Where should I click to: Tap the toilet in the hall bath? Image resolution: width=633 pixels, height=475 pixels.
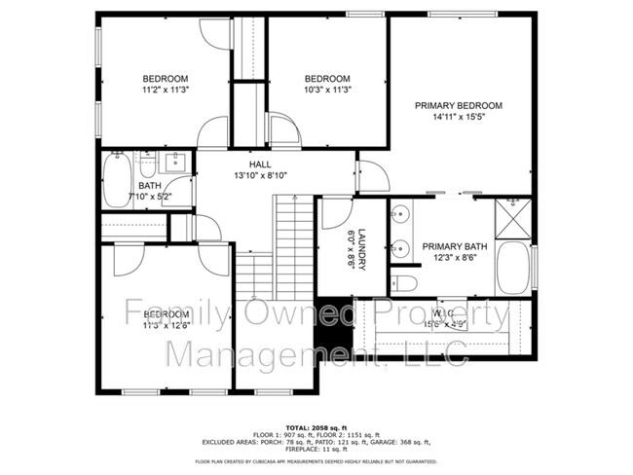pyautogui.click(x=147, y=163)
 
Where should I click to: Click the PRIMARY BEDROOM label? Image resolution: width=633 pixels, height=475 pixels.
pyautogui.click(x=458, y=105)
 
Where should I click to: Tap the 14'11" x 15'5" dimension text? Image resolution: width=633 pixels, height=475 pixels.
pyautogui.click(x=458, y=117)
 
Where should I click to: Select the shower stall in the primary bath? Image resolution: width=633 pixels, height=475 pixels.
pyautogui.click(x=512, y=215)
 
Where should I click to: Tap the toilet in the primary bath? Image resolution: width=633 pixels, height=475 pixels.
pyautogui.click(x=407, y=283)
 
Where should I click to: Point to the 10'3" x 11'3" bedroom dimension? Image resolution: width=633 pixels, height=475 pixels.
pyautogui.click(x=327, y=91)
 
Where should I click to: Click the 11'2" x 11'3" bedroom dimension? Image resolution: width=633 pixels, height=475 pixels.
pyautogui.click(x=166, y=91)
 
